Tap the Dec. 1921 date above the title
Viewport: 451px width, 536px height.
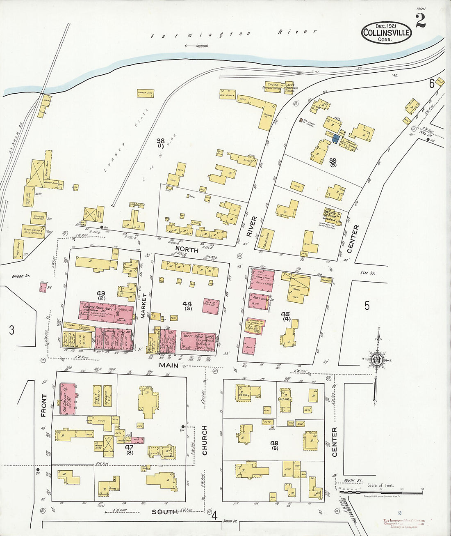[386, 25]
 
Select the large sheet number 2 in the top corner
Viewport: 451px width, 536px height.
[420, 21]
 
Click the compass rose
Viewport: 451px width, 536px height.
[376, 360]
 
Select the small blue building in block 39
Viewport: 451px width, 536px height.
[336, 139]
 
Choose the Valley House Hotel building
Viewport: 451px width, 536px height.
[198, 341]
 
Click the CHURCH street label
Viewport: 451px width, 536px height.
[204, 440]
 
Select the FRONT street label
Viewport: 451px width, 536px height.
[44, 405]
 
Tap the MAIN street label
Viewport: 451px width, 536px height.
[169, 365]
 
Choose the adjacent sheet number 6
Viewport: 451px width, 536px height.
[431, 84]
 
